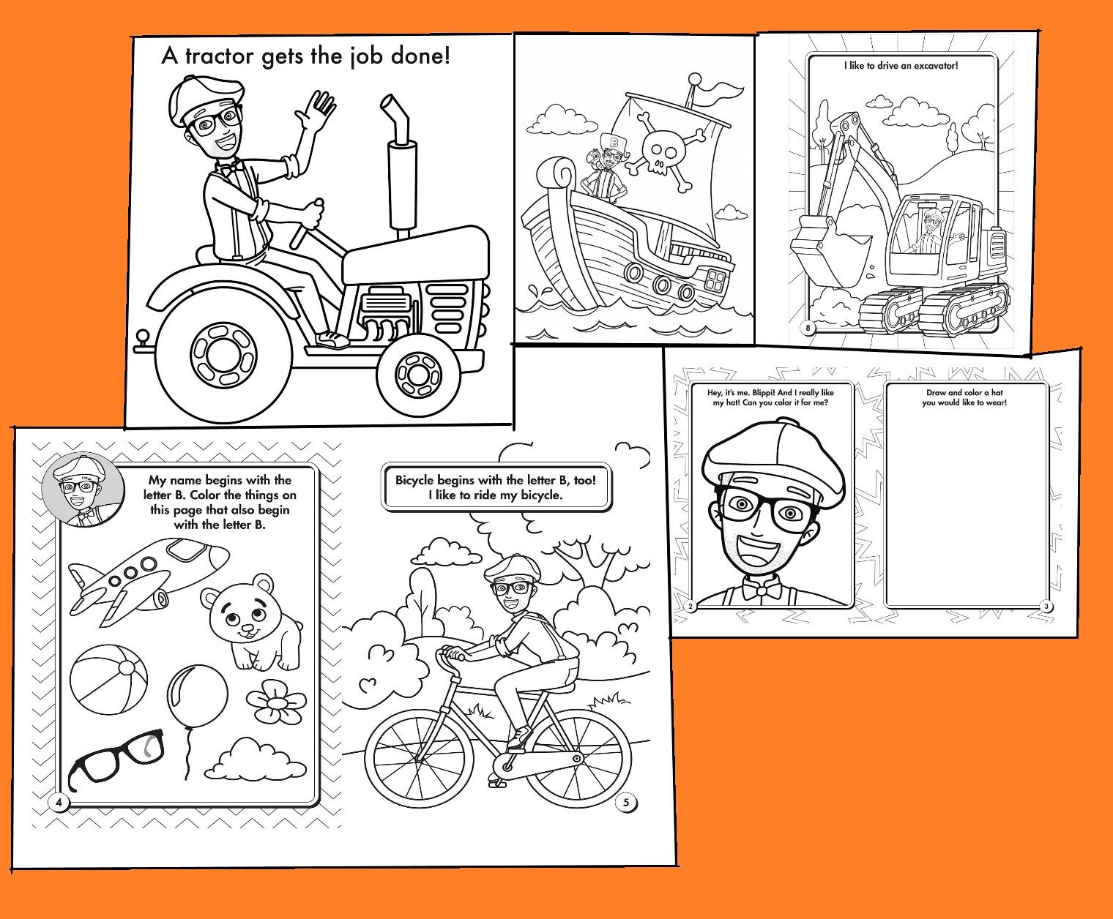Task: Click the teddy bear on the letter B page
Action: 251,622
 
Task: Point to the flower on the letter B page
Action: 274,702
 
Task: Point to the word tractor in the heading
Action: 220,56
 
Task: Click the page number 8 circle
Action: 808,328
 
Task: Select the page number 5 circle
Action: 626,803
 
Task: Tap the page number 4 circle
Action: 59,803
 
